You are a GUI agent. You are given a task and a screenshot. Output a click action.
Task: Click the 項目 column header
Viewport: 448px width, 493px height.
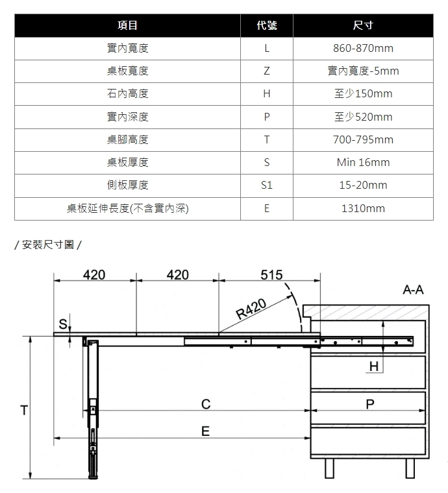pyautogui.click(x=127, y=25)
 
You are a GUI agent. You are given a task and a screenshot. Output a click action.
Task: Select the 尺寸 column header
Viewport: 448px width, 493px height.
pyautogui.click(x=363, y=25)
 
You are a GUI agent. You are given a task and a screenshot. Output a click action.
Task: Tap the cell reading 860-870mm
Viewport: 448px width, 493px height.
pyautogui.click(x=363, y=48)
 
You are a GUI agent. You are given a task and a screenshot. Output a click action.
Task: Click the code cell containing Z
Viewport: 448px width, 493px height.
pyautogui.click(x=266, y=71)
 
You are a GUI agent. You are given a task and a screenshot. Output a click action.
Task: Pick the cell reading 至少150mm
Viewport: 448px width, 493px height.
pyautogui.click(x=363, y=93)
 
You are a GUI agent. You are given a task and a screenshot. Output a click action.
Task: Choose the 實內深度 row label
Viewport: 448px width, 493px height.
pyautogui.click(x=127, y=117)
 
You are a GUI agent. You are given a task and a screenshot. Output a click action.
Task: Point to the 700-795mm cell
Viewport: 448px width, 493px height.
pyautogui.click(x=363, y=139)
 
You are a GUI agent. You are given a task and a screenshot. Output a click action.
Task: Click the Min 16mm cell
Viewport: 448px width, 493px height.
pyautogui.click(x=363, y=162)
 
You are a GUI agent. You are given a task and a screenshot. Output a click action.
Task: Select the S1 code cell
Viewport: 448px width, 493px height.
pyautogui.click(x=266, y=185)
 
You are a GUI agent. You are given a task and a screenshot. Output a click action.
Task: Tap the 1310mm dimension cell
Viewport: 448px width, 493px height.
pyautogui.click(x=363, y=208)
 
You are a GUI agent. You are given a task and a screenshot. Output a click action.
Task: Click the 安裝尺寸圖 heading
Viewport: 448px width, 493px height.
pyautogui.click(x=48, y=245)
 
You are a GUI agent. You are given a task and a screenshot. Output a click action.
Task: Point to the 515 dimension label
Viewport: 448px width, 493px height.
pyautogui.click(x=271, y=275)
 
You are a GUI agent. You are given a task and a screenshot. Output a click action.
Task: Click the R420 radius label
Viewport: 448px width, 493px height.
pyautogui.click(x=251, y=308)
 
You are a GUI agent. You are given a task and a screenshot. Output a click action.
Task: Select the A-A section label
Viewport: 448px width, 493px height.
pyautogui.click(x=413, y=289)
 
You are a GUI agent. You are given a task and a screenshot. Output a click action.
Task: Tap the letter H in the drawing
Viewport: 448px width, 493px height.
pyautogui.click(x=374, y=367)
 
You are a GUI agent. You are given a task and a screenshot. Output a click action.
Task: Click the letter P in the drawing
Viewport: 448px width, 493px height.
pyautogui.click(x=370, y=404)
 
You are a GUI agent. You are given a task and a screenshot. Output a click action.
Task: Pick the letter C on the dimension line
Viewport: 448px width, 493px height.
pyautogui.click(x=206, y=404)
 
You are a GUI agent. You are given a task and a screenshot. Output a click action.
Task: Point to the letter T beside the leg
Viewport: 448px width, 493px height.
pyautogui.click(x=24, y=411)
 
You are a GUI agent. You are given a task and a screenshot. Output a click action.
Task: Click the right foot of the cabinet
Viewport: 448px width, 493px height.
pyautogui.click(x=410, y=468)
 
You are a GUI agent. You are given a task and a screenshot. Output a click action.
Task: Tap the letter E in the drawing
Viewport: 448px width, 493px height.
pyautogui.click(x=205, y=431)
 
